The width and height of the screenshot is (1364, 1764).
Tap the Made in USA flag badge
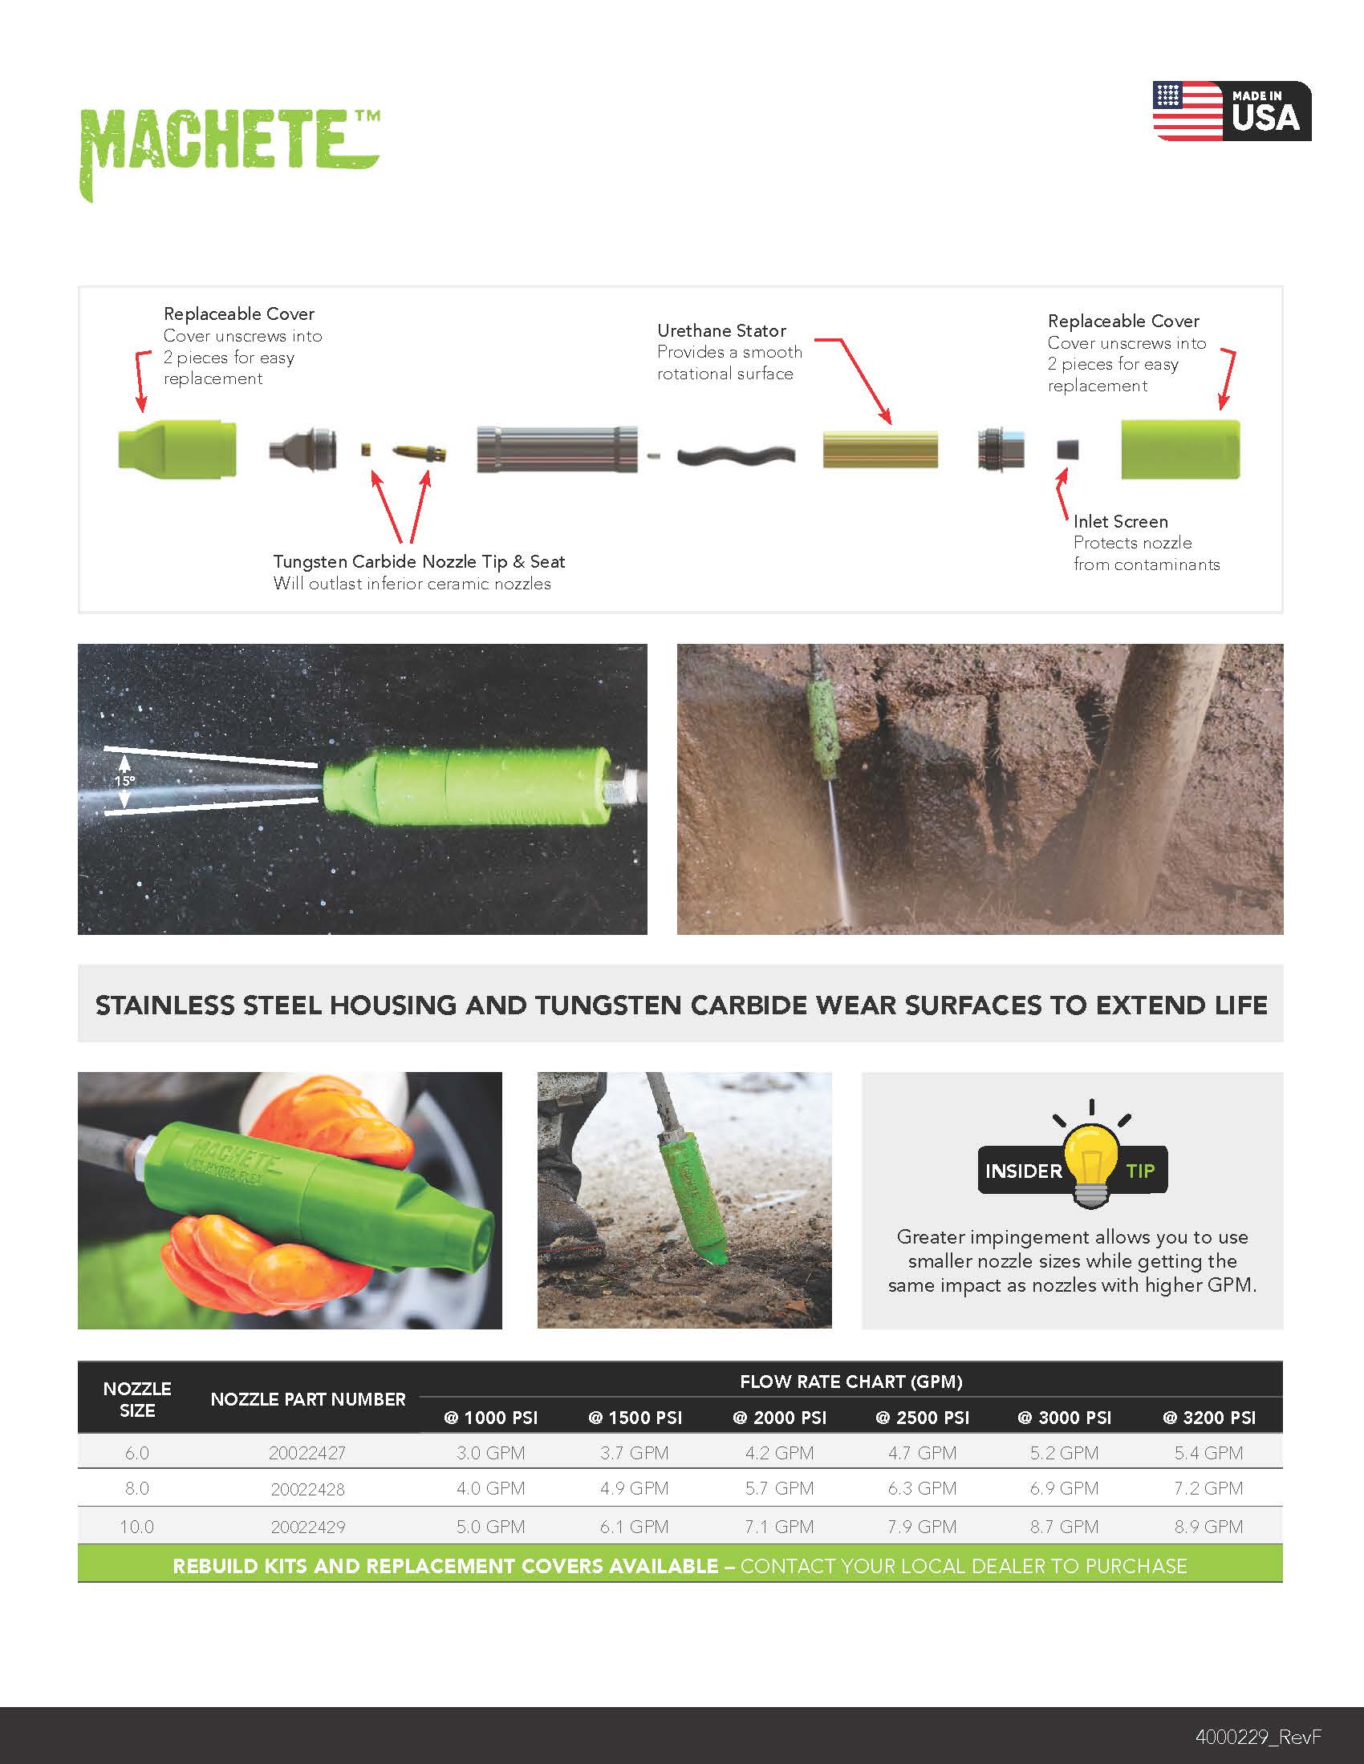pos(1232,111)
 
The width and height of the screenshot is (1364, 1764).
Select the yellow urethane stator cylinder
pos(880,450)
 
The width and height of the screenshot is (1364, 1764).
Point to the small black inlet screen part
pos(1067,449)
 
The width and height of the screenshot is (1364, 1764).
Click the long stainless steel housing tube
pos(557,449)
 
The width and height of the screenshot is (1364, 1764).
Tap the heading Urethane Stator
pos(721,330)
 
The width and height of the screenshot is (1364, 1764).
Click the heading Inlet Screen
pos(1121,521)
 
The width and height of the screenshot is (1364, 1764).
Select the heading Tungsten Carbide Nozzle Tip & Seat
pos(419,561)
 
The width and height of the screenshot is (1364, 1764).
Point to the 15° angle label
pos(124,781)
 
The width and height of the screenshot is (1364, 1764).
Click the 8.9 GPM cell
pos(1208,1527)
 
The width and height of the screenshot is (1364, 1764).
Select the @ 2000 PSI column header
pos(779,1418)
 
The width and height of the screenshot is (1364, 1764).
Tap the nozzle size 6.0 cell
pos(136,1453)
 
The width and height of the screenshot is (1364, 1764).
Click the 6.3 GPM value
pos(922,1487)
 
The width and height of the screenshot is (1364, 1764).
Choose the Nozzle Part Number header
pos(308,1399)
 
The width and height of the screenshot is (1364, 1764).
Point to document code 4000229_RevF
pos(1258,1737)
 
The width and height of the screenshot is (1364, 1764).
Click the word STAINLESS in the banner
pos(165,1005)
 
